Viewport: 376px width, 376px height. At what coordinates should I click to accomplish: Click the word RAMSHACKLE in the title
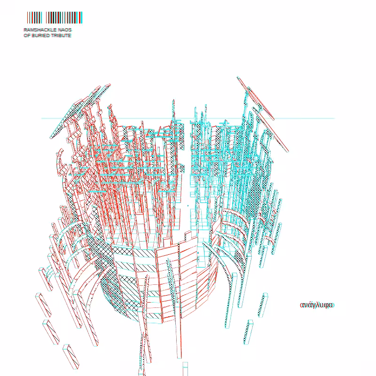40,30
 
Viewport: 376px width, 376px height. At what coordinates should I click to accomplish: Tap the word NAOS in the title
65,30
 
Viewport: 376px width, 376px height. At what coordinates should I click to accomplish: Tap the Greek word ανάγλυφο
317,305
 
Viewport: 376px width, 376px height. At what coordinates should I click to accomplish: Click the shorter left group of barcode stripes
34,17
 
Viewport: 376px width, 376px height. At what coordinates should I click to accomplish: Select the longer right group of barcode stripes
64,17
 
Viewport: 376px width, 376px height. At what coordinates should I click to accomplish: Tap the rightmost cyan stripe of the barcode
81,17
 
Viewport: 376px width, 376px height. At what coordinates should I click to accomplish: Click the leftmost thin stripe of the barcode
27,17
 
